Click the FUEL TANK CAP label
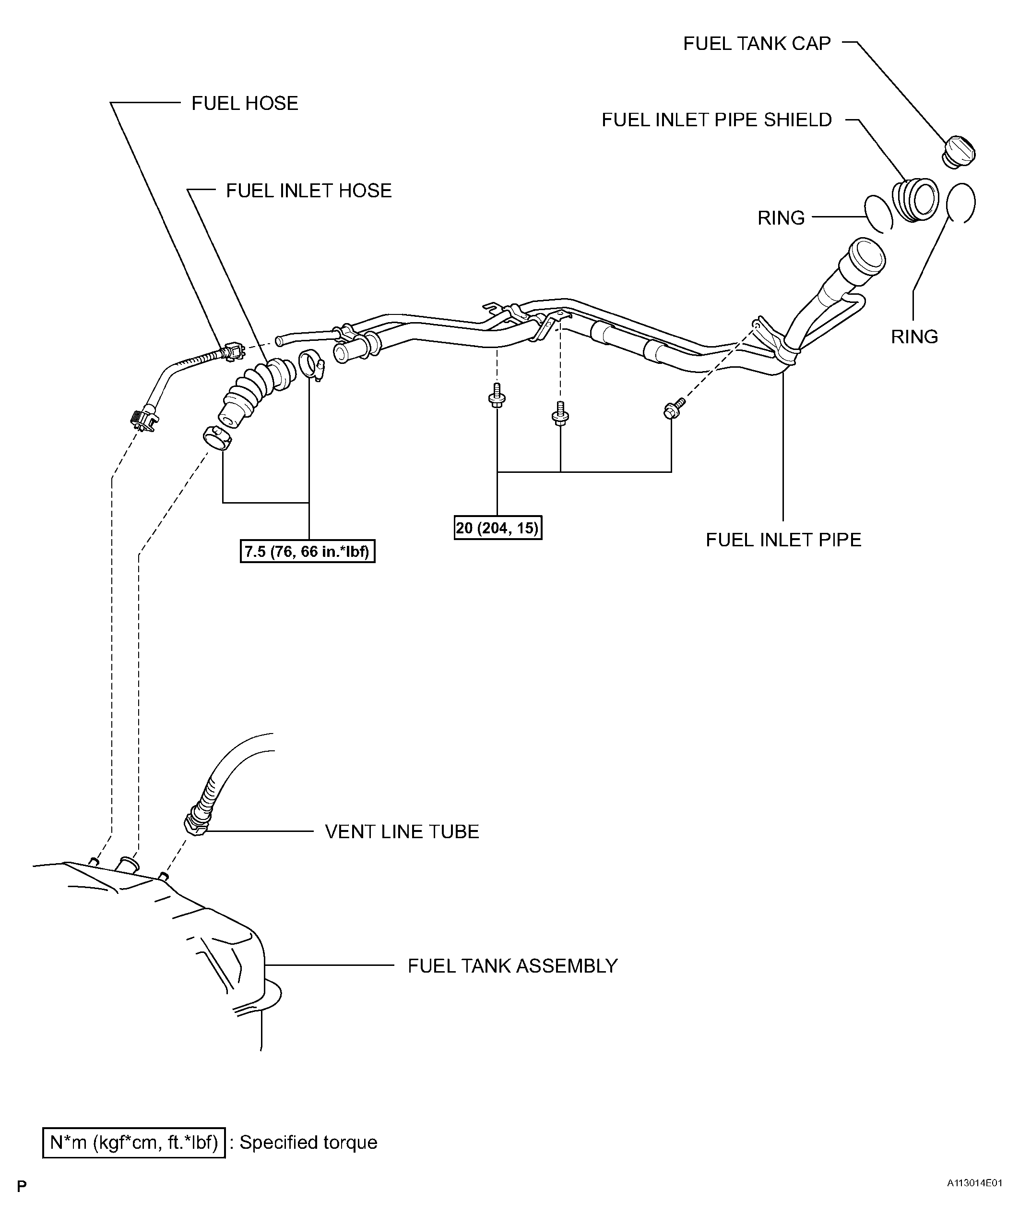757,44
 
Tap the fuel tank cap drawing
959,152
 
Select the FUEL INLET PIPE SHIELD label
716,120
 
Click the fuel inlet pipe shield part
915,200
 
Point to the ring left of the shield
878,214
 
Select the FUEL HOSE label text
245,104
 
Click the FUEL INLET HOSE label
308,191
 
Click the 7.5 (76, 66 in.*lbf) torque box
308,552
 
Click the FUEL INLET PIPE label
783,540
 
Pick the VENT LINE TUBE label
402,831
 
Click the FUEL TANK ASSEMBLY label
512,965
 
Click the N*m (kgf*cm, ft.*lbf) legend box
134,1142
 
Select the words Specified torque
308,1142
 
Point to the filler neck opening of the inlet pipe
868,255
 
